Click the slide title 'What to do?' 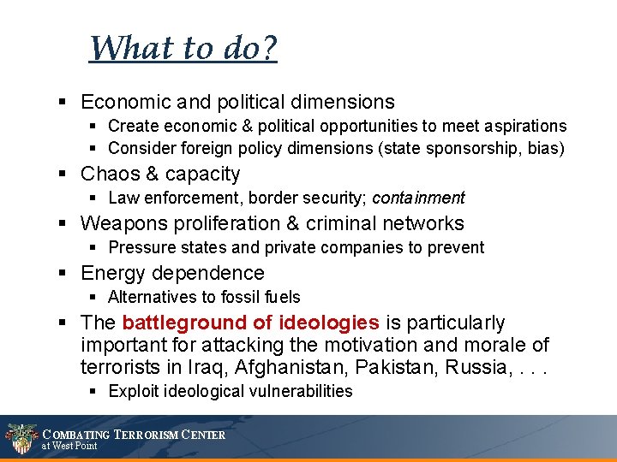[x=183, y=48]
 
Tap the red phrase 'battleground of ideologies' [x=250, y=323]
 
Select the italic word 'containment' [x=418, y=198]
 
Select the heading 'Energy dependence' [x=172, y=273]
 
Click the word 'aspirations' [x=523, y=126]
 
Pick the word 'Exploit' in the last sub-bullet [x=134, y=391]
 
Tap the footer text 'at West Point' [x=70, y=446]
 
